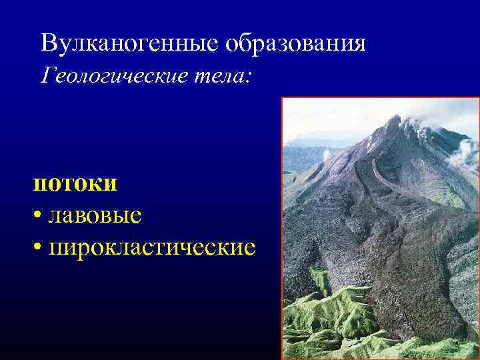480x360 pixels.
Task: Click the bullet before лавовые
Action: tap(37, 216)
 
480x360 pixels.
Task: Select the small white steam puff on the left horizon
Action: tap(327, 155)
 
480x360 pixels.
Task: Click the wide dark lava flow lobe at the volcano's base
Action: tap(413, 280)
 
